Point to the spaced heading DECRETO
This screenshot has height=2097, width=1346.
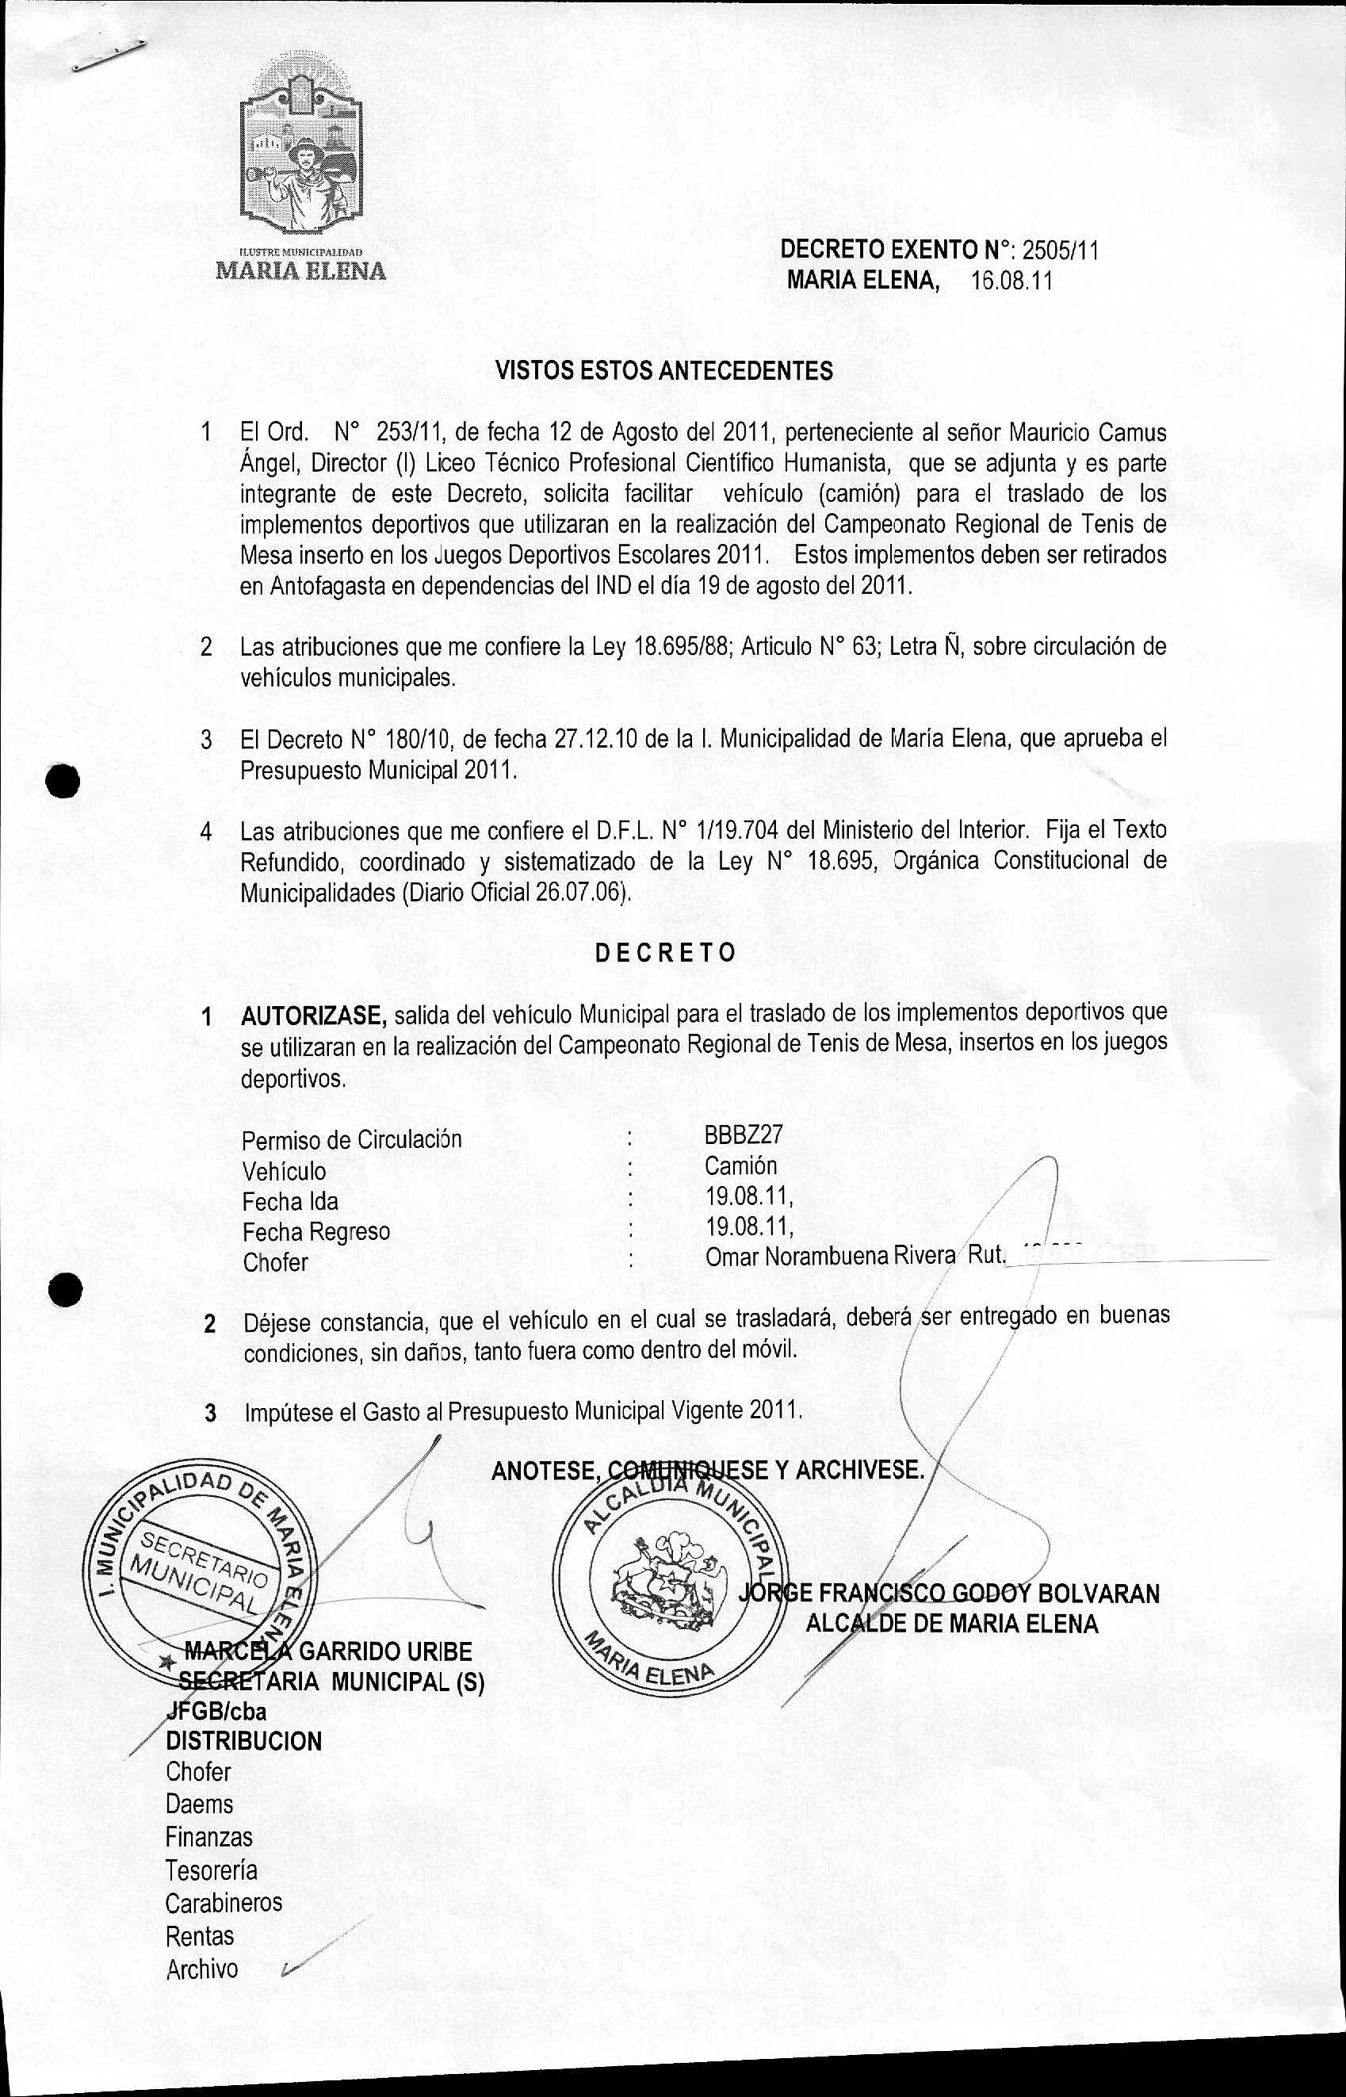[x=665, y=952]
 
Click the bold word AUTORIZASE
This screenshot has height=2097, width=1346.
[x=314, y=1016]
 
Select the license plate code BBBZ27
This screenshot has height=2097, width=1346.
[x=743, y=1135]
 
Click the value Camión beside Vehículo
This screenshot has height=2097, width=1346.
[x=740, y=1165]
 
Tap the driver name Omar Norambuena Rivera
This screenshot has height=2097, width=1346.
[x=829, y=1256]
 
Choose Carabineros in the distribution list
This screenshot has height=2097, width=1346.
[x=224, y=1902]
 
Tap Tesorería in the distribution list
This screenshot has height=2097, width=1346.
[x=212, y=1870]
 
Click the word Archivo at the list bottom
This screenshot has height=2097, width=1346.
[x=202, y=1969]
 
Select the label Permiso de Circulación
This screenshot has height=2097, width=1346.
[x=351, y=1140]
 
